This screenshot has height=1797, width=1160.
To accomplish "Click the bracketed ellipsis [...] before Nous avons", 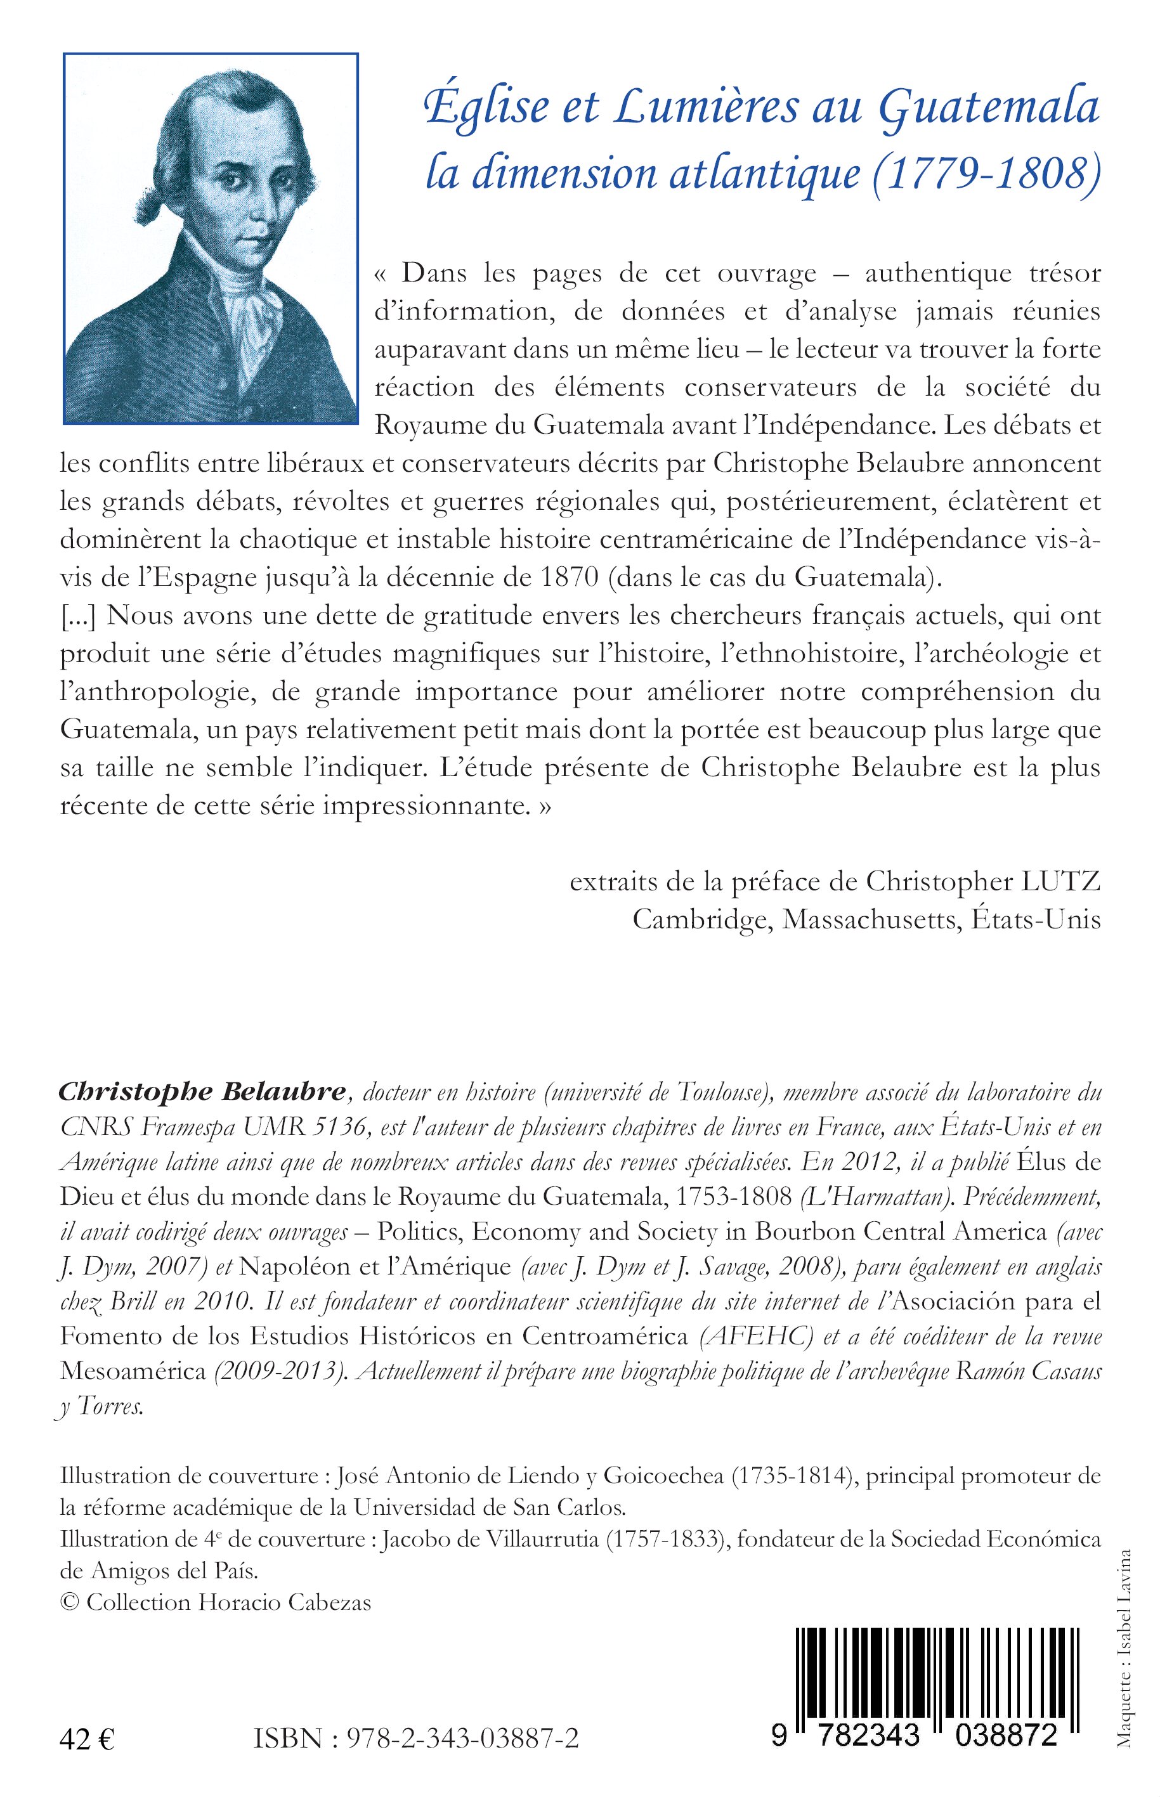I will coord(80,617).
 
